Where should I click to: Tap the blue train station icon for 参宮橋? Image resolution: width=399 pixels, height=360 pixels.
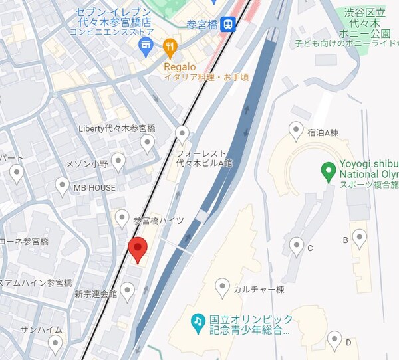pyautogui.click(x=229, y=25)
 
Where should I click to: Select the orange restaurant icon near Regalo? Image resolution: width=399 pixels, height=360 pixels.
pyautogui.click(x=170, y=46)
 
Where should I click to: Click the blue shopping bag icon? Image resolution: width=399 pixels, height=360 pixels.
pyautogui.click(x=145, y=46)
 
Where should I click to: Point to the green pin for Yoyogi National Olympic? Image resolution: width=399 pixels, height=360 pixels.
pyautogui.click(x=327, y=172)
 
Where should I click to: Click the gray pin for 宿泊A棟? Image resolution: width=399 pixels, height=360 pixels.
pyautogui.click(x=296, y=130)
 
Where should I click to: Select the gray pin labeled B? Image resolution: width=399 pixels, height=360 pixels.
pyautogui.click(x=359, y=238)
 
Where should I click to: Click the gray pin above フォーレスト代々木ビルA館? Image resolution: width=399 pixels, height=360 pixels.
pyautogui.click(x=182, y=135)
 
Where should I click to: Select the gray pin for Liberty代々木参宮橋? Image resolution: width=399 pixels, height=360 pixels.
pyautogui.click(x=148, y=143)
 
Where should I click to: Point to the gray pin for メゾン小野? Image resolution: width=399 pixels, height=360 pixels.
pyautogui.click(x=118, y=161)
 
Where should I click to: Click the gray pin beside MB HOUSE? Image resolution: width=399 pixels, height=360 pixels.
pyautogui.click(x=62, y=186)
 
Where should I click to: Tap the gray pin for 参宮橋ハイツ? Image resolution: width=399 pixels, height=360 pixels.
pyautogui.click(x=122, y=217)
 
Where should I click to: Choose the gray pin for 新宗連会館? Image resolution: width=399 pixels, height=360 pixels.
pyautogui.click(x=127, y=290)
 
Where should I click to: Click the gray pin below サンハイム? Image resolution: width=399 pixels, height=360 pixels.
pyautogui.click(x=55, y=343)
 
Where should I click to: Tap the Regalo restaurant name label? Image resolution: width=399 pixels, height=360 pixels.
pyautogui.click(x=180, y=66)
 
